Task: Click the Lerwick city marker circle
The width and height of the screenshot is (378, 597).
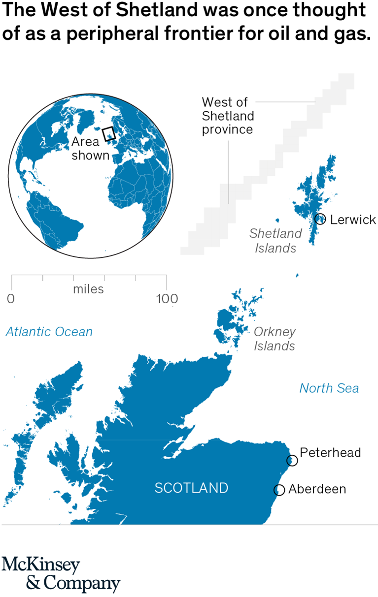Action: [x=320, y=219]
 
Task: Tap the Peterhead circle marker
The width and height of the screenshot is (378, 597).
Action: [x=292, y=460]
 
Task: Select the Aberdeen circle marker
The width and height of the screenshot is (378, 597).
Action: [x=279, y=490]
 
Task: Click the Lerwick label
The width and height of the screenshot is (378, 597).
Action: [x=353, y=220]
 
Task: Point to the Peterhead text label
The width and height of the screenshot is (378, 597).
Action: [x=330, y=452]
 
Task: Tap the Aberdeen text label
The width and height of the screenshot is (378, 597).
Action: [x=317, y=489]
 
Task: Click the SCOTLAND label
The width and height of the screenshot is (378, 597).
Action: [x=191, y=488]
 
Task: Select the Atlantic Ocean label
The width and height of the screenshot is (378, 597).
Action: [x=49, y=332]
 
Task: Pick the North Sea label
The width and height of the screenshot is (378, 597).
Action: [x=329, y=388]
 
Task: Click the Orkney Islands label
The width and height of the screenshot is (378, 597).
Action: [x=275, y=339]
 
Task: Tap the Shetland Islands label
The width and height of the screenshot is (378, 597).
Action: [x=275, y=240]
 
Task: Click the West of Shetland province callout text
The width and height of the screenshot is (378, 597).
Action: [x=228, y=116]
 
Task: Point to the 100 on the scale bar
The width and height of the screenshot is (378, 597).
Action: [x=166, y=298]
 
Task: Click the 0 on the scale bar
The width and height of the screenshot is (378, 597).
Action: [x=11, y=298]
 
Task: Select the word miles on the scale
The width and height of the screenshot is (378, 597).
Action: [x=89, y=289]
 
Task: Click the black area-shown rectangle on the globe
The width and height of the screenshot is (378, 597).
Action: [x=108, y=133]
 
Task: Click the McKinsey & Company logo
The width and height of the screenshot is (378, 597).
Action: [x=61, y=574]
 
